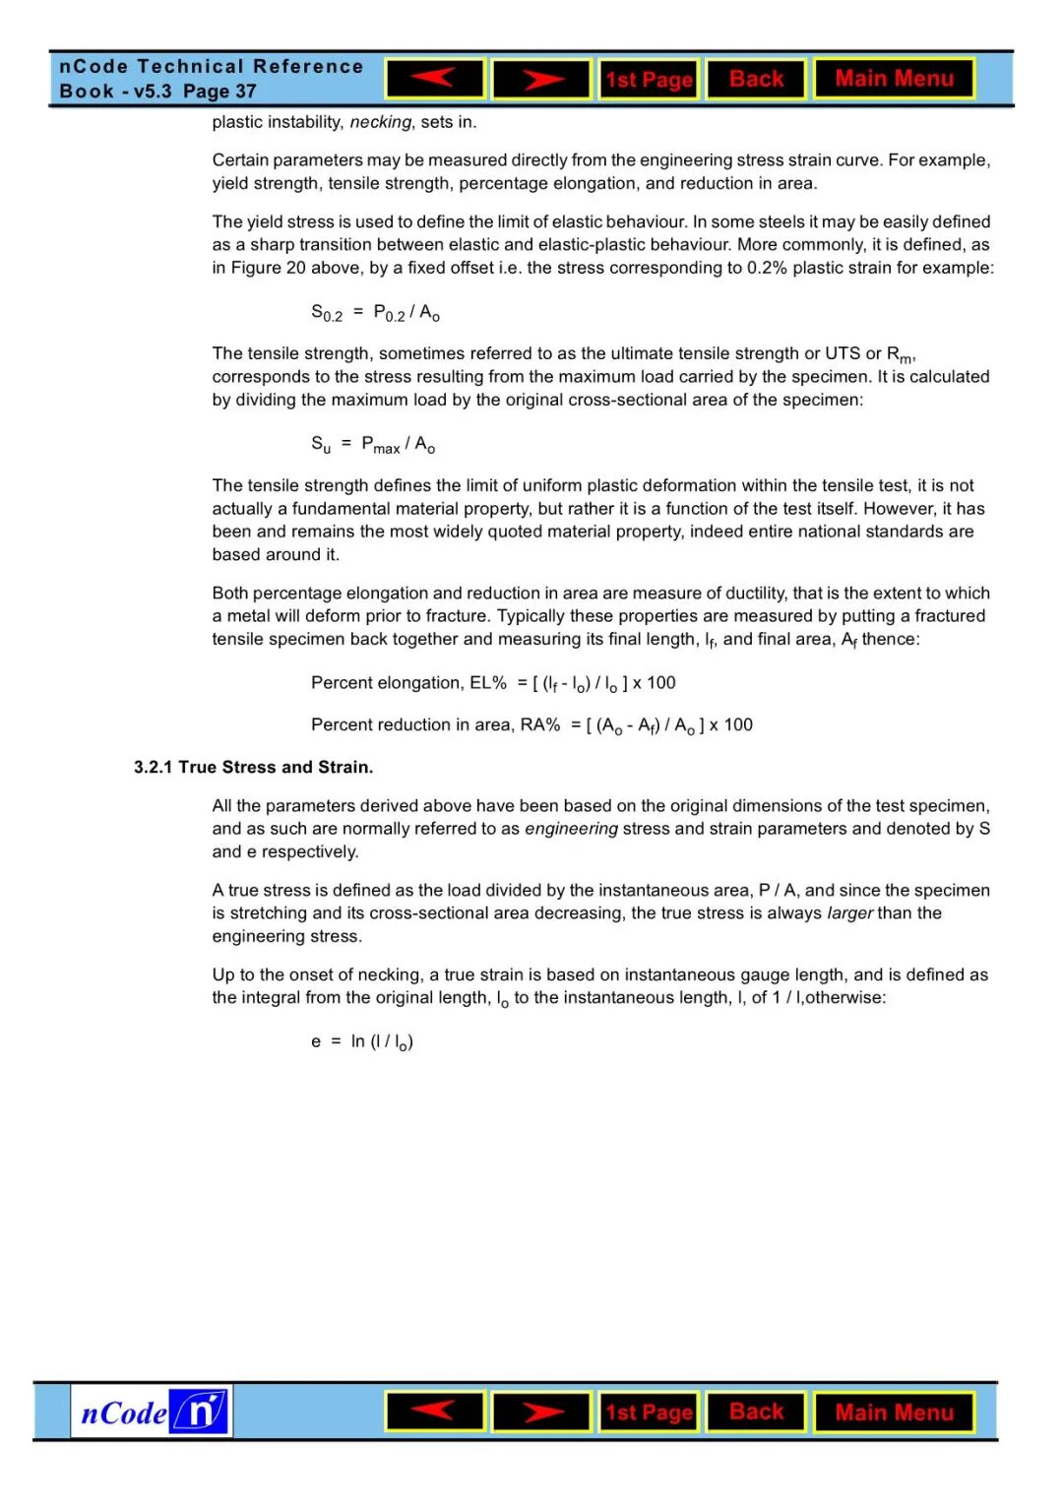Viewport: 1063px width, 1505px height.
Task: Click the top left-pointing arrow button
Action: [x=435, y=79]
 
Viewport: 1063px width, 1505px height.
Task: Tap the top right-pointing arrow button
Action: [x=541, y=79]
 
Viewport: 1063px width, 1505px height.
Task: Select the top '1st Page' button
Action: [x=649, y=80]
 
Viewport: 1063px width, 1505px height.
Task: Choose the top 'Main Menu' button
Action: [x=894, y=79]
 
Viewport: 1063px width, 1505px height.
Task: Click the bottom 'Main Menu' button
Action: [x=894, y=1412]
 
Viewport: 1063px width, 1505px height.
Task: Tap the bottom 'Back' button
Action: [x=756, y=1411]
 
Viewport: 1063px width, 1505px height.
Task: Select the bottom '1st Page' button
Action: [x=649, y=1412]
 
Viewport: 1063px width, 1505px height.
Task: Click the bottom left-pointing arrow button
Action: [x=435, y=1411]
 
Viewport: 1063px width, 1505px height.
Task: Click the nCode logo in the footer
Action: [x=153, y=1411]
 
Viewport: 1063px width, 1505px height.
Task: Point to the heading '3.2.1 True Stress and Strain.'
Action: [x=254, y=767]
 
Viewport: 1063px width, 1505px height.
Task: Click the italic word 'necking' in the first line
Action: [x=380, y=122]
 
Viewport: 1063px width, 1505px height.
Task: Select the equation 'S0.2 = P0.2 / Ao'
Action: [x=375, y=313]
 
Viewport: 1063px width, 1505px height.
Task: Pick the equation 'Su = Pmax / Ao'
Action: [x=373, y=445]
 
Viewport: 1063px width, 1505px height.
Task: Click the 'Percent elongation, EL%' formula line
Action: [x=493, y=683]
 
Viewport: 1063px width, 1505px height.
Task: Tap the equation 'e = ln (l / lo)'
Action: [x=362, y=1041]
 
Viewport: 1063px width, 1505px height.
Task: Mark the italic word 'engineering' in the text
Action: [x=571, y=829]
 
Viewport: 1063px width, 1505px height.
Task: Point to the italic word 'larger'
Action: [x=849, y=913]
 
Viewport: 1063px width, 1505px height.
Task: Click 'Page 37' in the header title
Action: [x=219, y=92]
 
